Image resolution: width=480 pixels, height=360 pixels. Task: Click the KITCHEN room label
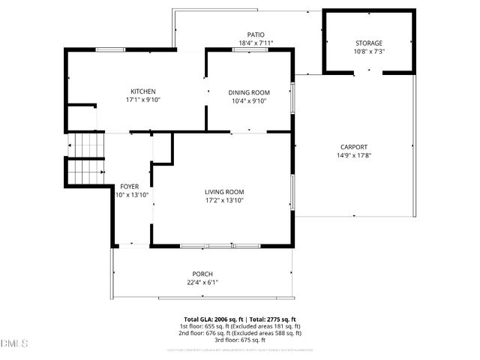142,91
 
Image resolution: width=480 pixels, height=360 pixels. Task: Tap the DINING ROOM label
248,92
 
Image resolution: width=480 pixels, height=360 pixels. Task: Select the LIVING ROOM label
224,192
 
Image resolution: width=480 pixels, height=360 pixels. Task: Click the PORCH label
202,274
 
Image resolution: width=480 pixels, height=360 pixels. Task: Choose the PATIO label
256,34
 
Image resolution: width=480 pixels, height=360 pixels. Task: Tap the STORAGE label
368,43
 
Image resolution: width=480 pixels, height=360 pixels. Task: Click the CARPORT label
352,147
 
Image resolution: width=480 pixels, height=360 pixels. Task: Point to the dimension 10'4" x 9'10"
248,101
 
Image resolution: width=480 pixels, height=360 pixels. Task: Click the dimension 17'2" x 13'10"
224,201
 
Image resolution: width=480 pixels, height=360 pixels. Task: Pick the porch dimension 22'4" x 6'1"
202,283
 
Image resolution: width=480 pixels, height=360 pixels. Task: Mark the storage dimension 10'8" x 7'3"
368,52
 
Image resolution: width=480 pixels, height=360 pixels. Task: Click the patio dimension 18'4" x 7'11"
256,43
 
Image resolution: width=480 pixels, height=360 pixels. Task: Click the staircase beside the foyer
85,158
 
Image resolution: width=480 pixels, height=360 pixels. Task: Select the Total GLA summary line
240,319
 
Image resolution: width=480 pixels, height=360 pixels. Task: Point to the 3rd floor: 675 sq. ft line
240,340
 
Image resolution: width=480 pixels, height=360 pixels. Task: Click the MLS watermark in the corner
14,343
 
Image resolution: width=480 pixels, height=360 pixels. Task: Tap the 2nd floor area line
240,333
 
